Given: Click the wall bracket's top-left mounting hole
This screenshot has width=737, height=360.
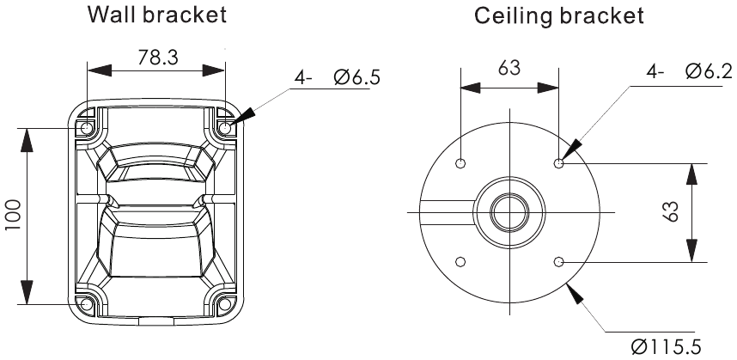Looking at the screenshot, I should coord(87,128).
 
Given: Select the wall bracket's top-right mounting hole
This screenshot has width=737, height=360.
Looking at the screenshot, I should coord(226,128).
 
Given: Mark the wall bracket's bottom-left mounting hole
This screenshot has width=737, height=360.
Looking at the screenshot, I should coord(87,303).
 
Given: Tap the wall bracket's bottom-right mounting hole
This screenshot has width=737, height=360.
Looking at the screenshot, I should coord(226,303).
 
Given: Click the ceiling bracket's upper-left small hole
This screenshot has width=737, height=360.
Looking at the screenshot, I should coord(461,163).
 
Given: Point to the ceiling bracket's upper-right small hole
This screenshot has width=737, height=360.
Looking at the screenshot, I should coord(560,163).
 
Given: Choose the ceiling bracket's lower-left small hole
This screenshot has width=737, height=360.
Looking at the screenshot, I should coord(461,262).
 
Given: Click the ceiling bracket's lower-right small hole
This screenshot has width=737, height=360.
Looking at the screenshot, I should coord(560,262).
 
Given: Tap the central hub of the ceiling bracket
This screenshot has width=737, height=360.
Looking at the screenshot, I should coord(510,211).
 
